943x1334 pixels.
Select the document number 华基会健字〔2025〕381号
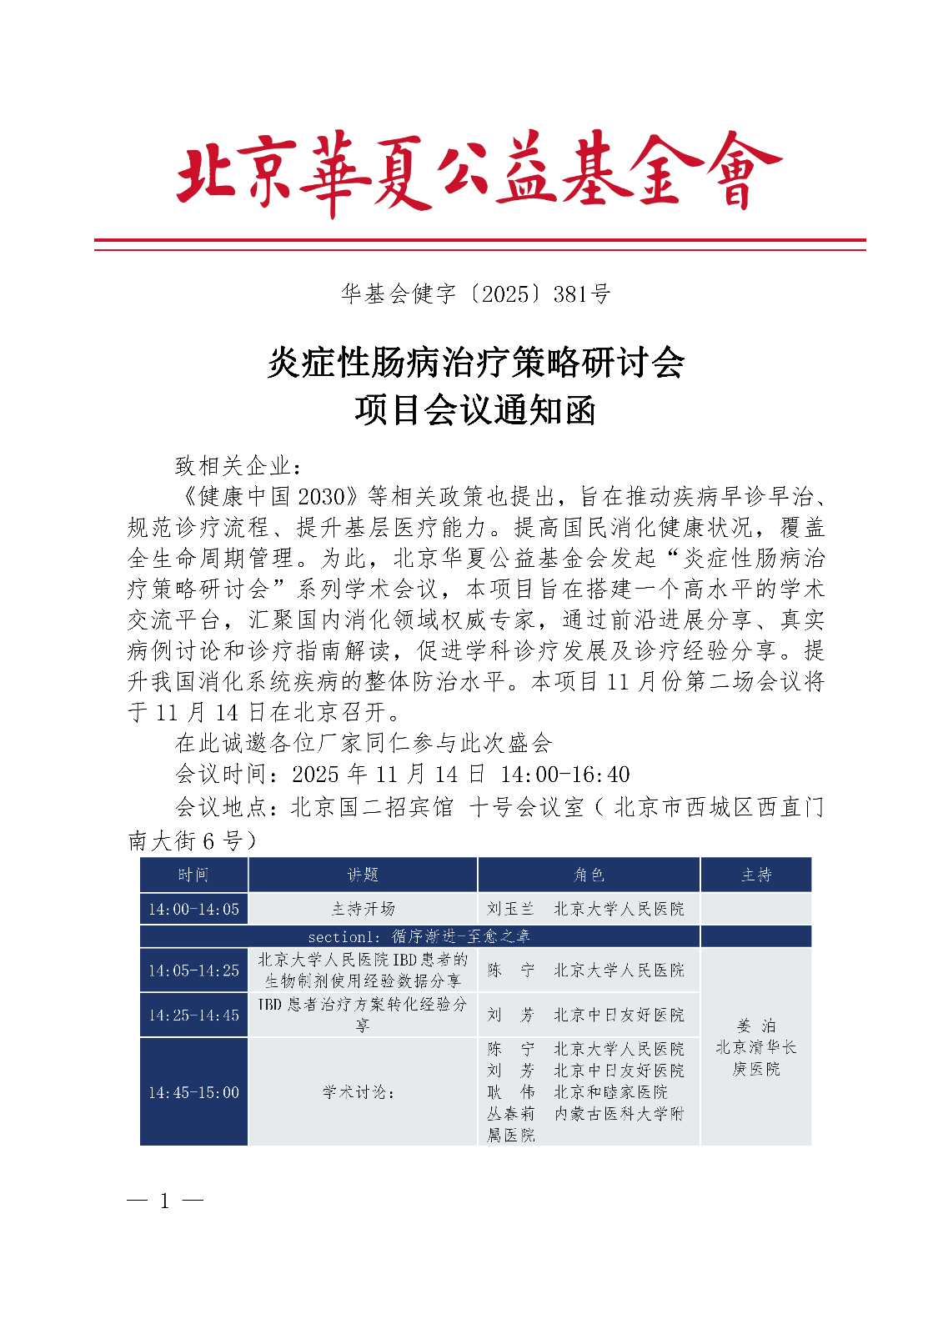coord(475,293)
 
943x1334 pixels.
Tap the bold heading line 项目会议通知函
coord(474,410)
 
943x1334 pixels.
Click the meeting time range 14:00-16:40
coord(564,775)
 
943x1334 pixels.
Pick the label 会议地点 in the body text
coord(220,807)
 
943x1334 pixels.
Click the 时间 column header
coord(193,875)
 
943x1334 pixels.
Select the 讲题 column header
coord(363,875)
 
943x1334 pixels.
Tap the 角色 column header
coord(589,875)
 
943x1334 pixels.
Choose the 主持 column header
coord(756,875)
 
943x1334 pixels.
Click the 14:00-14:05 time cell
coord(193,909)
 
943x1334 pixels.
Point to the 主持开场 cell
coord(363,909)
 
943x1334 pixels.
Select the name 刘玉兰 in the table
coord(510,909)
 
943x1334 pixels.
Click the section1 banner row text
coord(419,936)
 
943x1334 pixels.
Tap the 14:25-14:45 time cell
coord(193,1015)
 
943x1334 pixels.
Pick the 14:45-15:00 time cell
coord(193,1091)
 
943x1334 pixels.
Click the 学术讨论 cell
coord(359,1091)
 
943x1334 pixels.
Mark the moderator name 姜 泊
coord(756,1026)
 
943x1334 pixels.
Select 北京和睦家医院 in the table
coord(610,1091)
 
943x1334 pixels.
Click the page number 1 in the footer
coord(165,1201)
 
